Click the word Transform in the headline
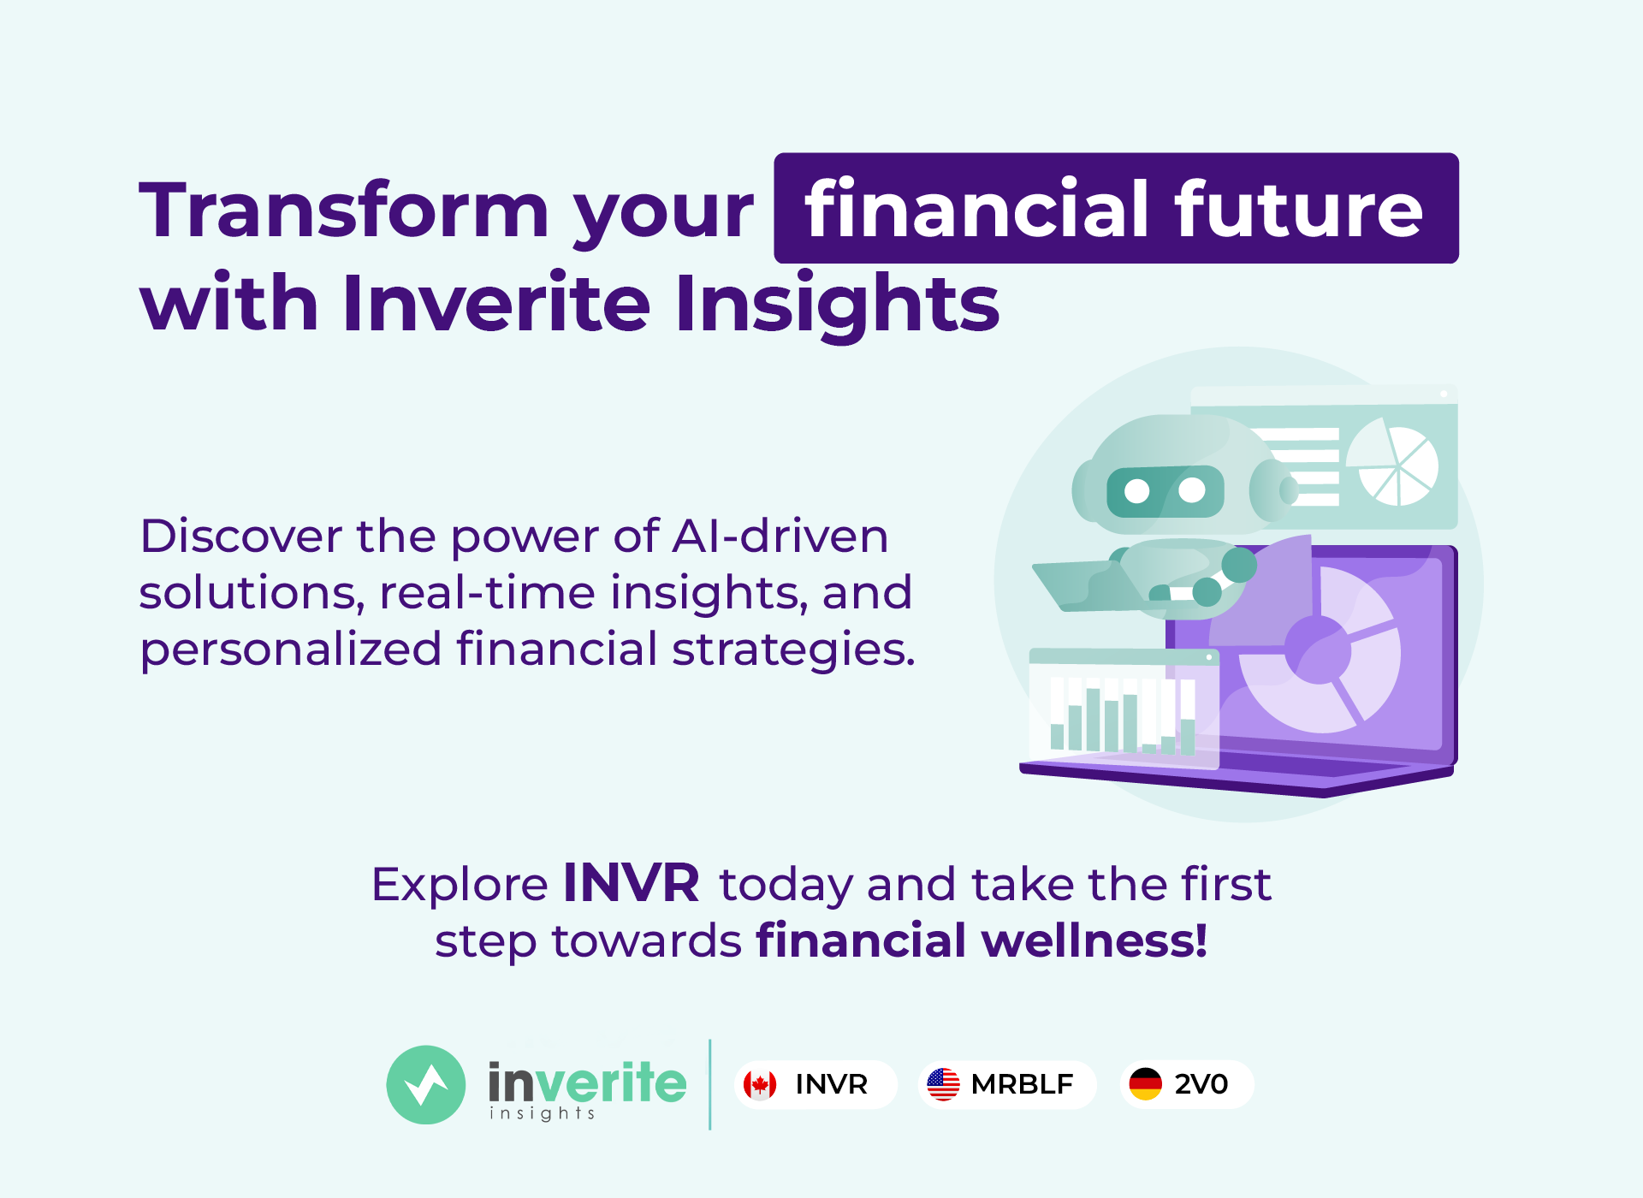[344, 211]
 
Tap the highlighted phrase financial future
[1114, 209]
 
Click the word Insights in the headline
[837, 305]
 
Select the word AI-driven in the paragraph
[780, 537]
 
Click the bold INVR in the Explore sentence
[632, 883]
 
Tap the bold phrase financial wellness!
[982, 941]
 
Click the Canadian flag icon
[760, 1085]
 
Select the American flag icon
[944, 1085]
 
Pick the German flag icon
[1145, 1085]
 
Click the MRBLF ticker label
[1022, 1085]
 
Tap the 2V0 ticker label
[1201, 1085]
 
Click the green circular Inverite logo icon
[426, 1085]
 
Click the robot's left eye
[1137, 491]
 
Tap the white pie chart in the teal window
[1393, 463]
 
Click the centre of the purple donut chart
[1319, 651]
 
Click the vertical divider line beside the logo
[710, 1085]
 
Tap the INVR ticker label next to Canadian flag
[831, 1085]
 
